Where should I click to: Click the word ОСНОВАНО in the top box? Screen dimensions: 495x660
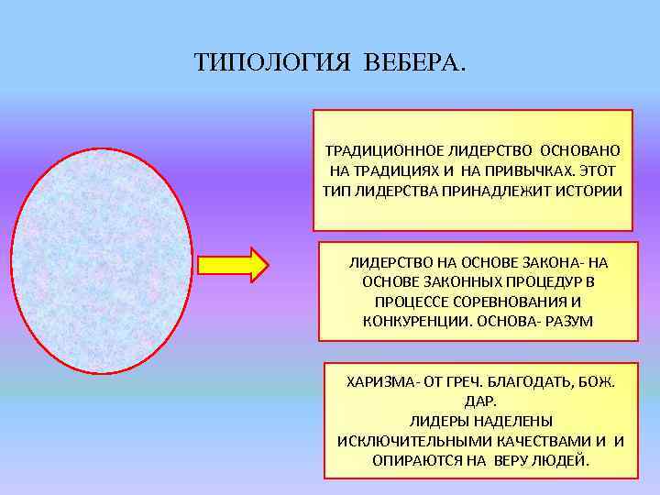tap(580, 149)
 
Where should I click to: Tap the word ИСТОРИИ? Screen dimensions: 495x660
tap(584, 192)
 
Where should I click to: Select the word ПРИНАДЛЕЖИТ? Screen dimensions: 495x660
tap(492, 192)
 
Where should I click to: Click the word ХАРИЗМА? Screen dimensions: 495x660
tap(377, 380)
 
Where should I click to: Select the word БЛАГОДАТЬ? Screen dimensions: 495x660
tap(532, 380)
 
